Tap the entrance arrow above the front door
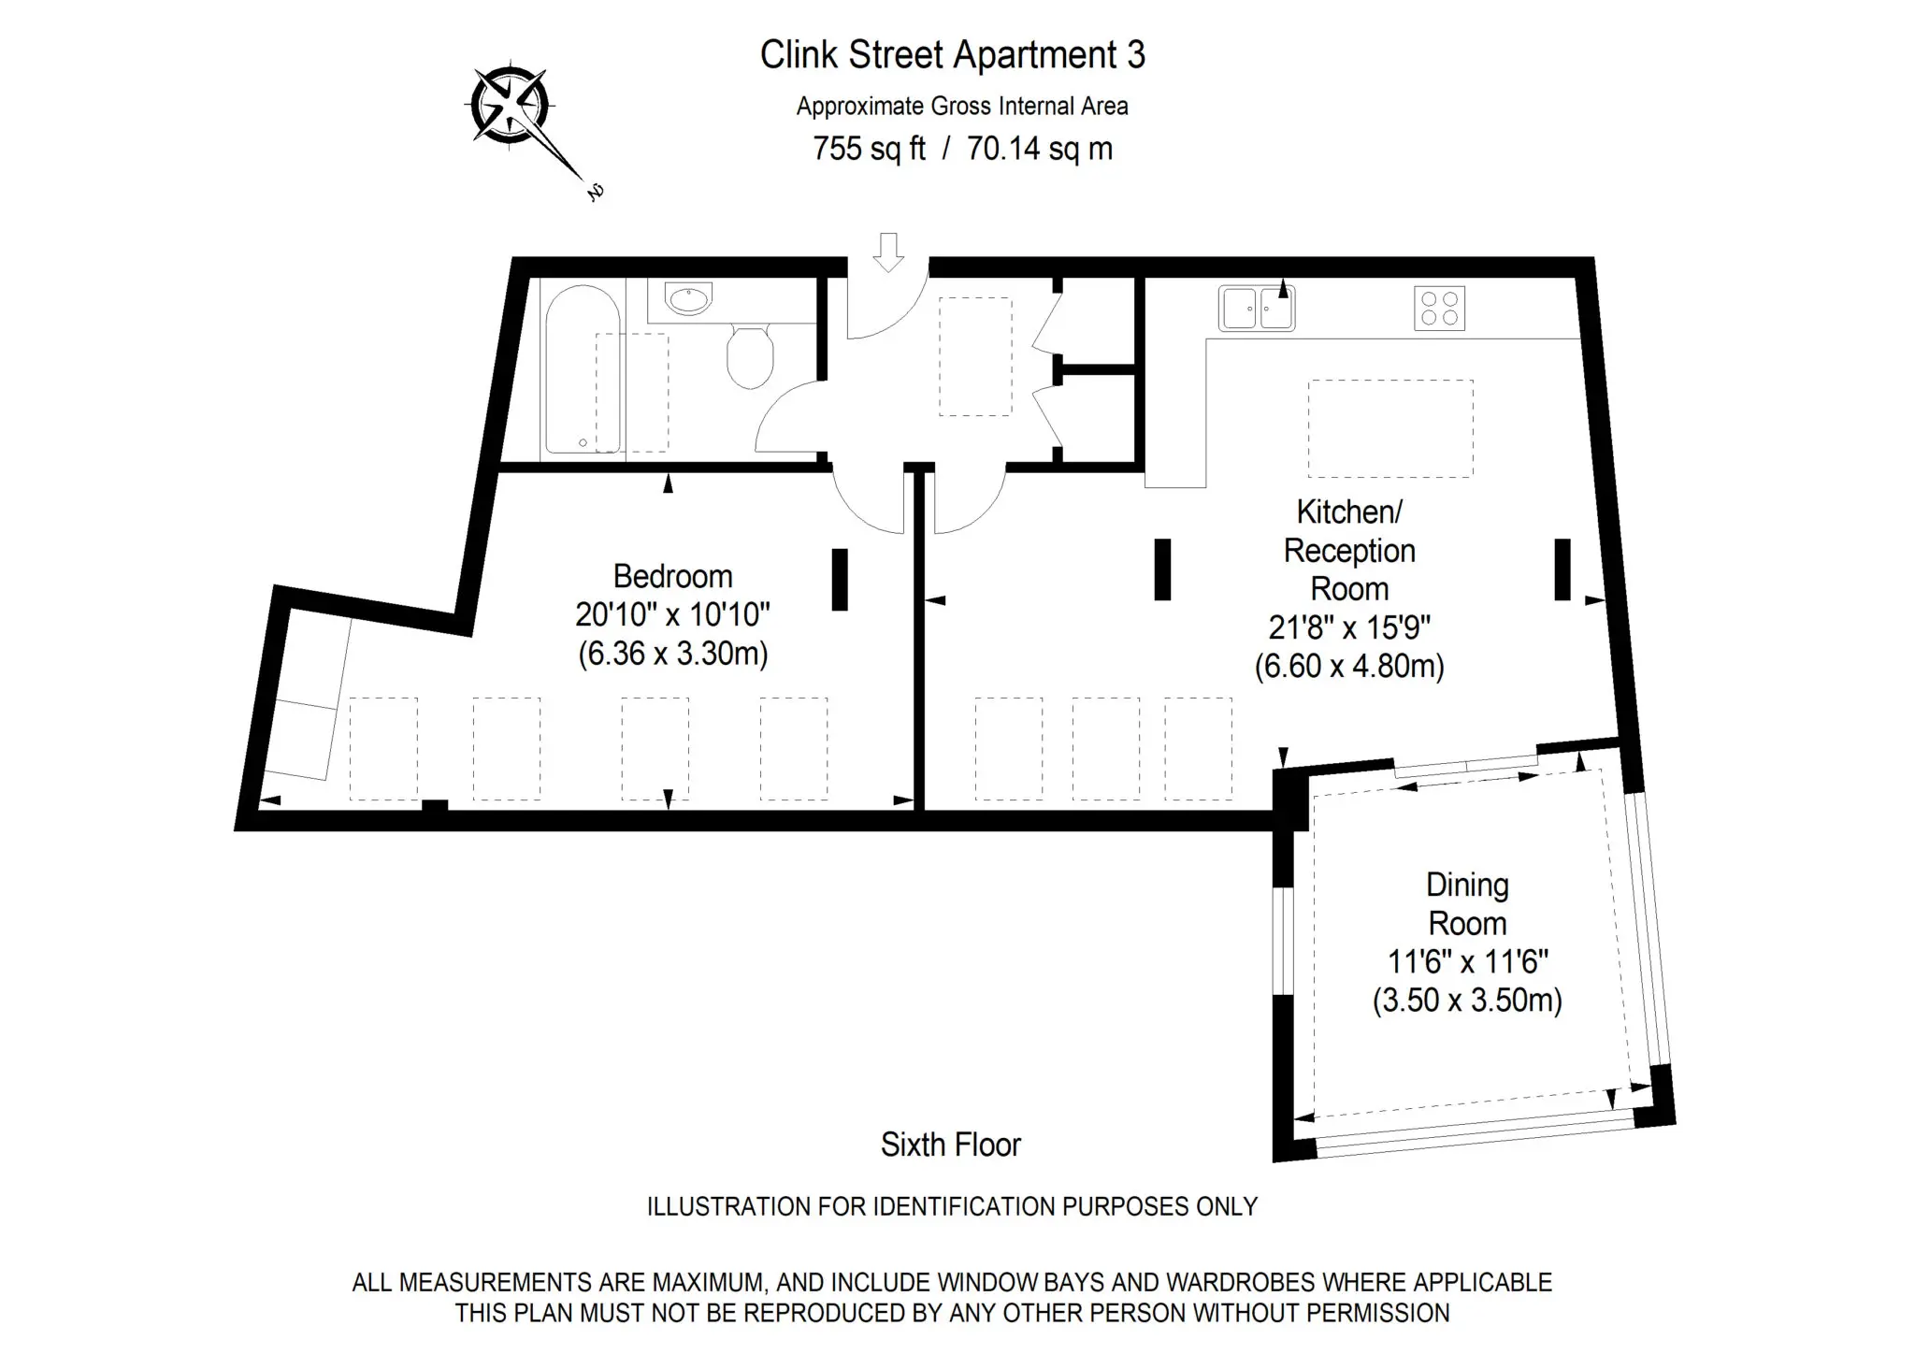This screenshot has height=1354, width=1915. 888,252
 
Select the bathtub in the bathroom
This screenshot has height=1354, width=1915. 582,369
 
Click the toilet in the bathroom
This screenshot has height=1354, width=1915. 750,356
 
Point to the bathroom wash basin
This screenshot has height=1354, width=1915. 688,299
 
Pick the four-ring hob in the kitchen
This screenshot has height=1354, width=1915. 1439,309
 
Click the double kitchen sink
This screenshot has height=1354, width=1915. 1256,309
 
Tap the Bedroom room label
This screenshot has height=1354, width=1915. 672,575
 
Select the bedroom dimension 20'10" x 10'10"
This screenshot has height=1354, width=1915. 672,614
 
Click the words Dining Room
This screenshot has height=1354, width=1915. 1467,904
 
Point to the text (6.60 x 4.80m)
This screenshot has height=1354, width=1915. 1349,666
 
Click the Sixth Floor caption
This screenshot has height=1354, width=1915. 951,1145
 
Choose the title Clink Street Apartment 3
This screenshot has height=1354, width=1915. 953,55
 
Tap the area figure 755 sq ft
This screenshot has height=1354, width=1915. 869,149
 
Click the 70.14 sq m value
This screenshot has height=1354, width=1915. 1040,149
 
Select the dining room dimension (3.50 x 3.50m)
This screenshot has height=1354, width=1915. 1467,1001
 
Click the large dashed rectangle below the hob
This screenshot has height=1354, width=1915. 1390,428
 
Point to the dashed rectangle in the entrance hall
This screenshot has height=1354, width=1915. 975,356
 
